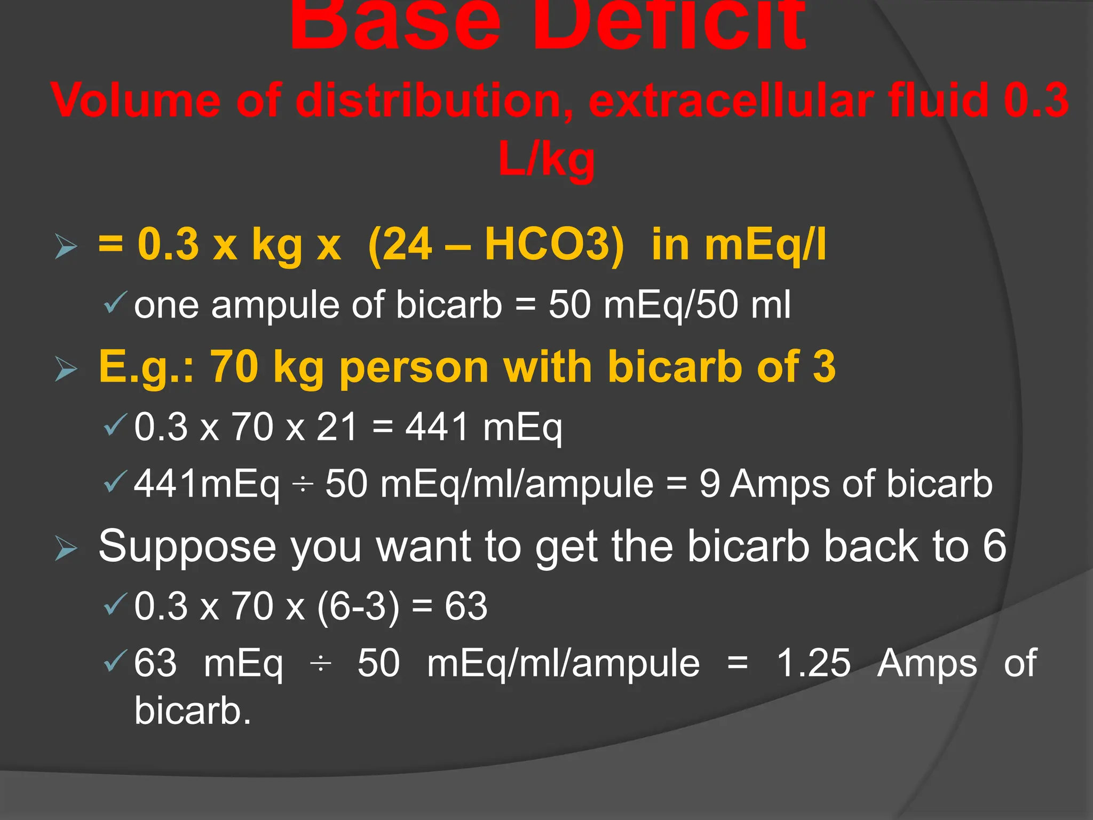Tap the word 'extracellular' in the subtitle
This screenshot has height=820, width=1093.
click(731, 100)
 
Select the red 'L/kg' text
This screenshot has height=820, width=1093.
click(546, 159)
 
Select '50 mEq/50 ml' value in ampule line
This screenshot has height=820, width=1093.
click(670, 305)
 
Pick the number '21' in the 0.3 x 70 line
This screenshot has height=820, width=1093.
click(337, 427)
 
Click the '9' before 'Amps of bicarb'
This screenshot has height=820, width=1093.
click(709, 484)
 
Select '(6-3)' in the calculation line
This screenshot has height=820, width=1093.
click(358, 606)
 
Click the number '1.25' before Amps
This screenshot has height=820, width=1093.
click(813, 663)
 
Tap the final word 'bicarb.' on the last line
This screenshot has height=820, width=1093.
click(193, 711)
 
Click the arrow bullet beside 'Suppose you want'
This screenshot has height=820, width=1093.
click(66, 549)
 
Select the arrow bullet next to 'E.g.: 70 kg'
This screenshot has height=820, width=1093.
click(66, 369)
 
